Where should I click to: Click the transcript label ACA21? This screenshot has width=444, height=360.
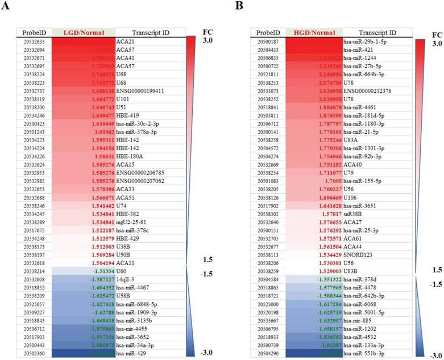click(x=126, y=42)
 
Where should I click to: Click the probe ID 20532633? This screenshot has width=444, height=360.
click(x=33, y=42)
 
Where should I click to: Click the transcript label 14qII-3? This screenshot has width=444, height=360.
click(x=126, y=264)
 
